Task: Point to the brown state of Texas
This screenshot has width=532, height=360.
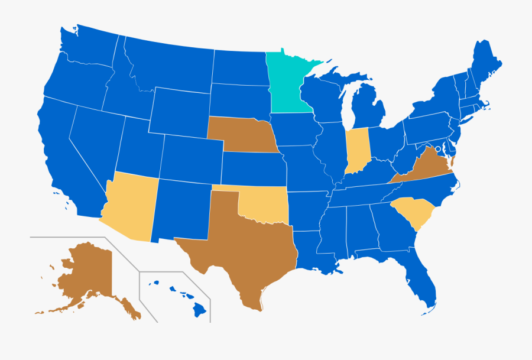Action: (236, 248)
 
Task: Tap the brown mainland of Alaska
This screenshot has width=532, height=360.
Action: (89, 272)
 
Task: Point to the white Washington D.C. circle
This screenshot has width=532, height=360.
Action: (438, 157)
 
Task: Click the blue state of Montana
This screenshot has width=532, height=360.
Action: (171, 65)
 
